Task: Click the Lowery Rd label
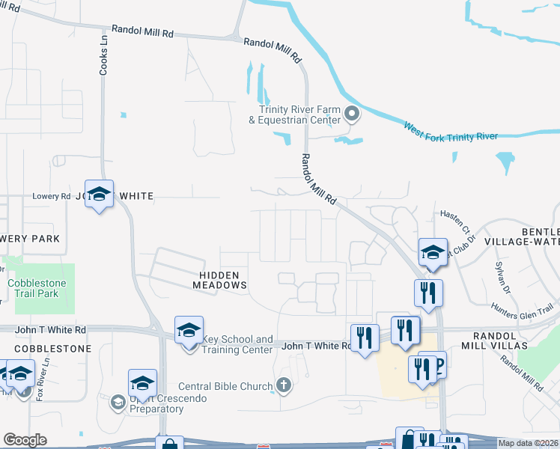[51, 196]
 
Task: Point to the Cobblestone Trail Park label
[37, 289]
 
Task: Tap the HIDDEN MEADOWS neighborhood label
[219, 280]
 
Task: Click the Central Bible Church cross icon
[283, 385]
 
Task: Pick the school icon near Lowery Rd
[99, 195]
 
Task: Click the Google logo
[25, 440]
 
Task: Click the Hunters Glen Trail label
[523, 308]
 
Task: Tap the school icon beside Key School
[189, 330]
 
